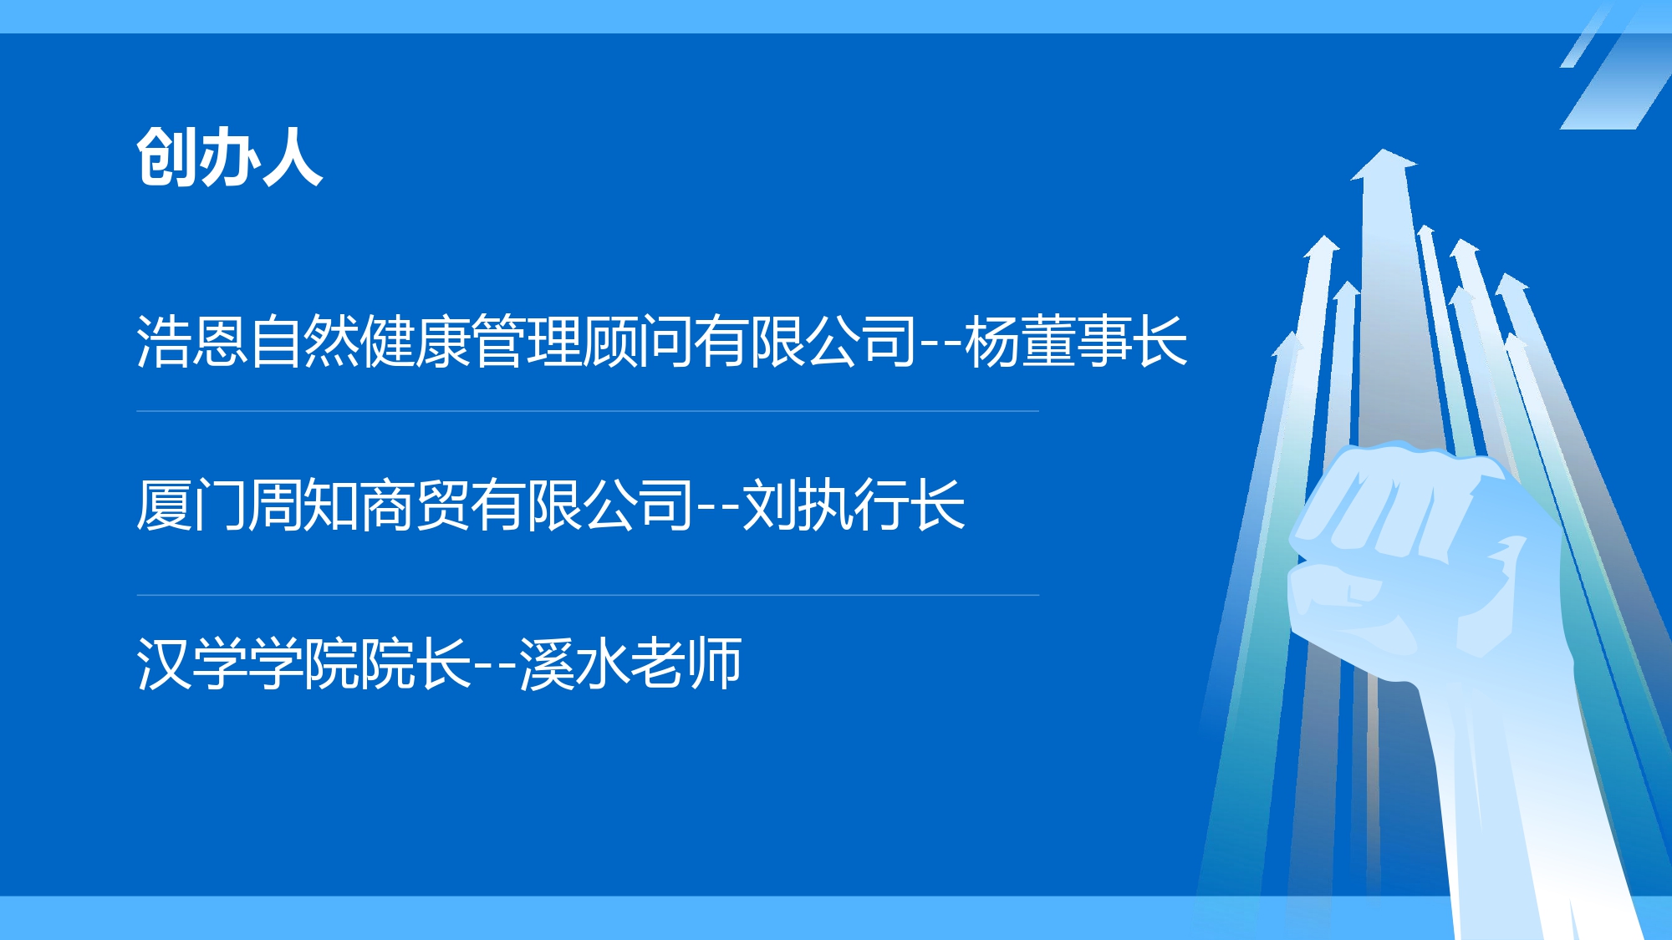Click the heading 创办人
tap(230, 157)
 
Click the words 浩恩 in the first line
tap(192, 341)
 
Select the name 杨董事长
tap(1076, 341)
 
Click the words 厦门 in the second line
tap(192, 505)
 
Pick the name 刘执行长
tap(854, 505)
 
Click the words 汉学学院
tap(247, 663)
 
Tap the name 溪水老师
tap(630, 663)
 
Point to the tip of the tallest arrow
tap(1384, 150)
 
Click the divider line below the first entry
tap(588, 411)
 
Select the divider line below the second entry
tap(588, 595)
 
